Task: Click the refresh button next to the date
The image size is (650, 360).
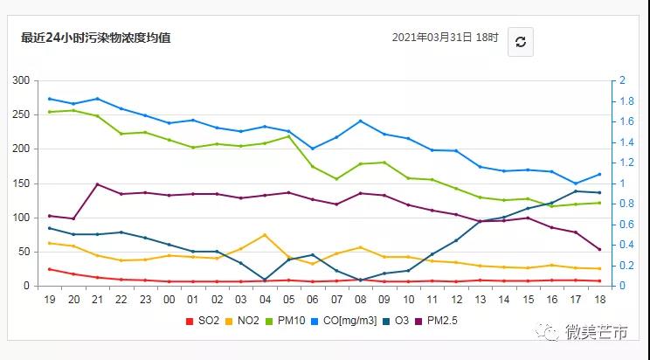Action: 520,41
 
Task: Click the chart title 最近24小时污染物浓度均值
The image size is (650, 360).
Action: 96,38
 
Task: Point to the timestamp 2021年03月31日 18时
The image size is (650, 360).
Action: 445,38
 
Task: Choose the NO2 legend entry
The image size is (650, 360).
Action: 244,321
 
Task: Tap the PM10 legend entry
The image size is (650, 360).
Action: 287,321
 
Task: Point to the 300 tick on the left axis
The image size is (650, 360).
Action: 20,80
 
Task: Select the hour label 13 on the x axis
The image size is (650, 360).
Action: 479,299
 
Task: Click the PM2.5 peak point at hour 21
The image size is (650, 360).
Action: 97,183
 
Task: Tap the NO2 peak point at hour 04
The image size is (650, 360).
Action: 264,235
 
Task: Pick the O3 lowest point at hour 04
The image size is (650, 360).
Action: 264,280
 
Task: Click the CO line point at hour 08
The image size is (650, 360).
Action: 360,121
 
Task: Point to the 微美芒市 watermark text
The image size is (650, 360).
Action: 597,332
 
